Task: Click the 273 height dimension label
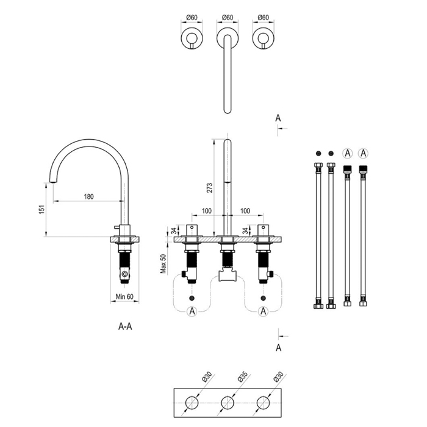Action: pyautogui.click(x=210, y=188)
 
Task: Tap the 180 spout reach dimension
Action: pyautogui.click(x=89, y=196)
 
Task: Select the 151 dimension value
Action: pyautogui.click(x=41, y=209)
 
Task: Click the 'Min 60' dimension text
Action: pyautogui.click(x=124, y=296)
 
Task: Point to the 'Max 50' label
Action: pyautogui.click(x=163, y=264)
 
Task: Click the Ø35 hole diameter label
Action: pyautogui.click(x=242, y=379)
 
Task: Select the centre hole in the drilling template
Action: pyautogui.click(x=228, y=403)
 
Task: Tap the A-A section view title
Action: pyautogui.click(x=125, y=326)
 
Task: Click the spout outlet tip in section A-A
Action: pyautogui.click(x=54, y=182)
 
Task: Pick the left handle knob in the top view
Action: pyautogui.click(x=192, y=38)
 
